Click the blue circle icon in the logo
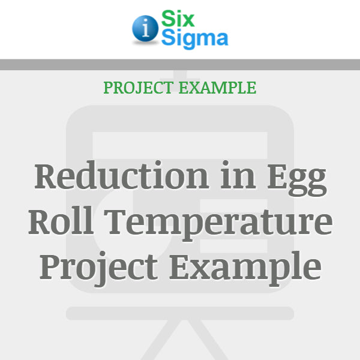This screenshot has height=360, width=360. (144, 29)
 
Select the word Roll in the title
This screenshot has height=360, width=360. (58, 221)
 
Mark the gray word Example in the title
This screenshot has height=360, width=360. (244, 268)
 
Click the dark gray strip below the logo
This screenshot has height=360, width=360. (180, 65)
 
